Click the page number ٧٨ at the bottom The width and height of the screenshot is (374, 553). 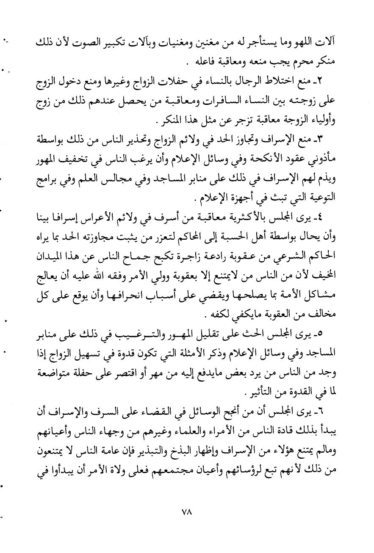point(186,523)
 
